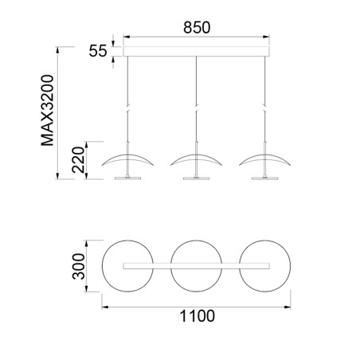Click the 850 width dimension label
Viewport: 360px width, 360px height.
(197, 27)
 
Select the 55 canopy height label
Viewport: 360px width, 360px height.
(98, 51)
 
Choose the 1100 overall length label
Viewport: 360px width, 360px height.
(197, 316)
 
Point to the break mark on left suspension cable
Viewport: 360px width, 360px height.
(127, 112)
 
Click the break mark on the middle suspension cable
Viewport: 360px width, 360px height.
(196, 112)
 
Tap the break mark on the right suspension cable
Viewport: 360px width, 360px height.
(264, 112)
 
